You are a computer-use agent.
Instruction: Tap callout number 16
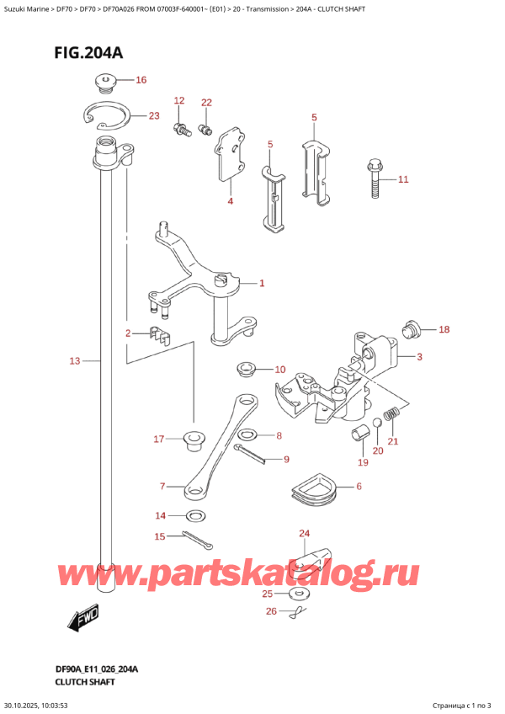point(141,81)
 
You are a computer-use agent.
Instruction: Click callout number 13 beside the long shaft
point(74,361)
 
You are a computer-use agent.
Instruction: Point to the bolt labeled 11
point(375,180)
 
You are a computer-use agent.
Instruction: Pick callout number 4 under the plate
point(230,202)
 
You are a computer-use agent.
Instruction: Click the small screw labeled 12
point(179,128)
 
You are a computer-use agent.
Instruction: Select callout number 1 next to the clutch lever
point(262,284)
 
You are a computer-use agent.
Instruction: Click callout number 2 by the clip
point(129,333)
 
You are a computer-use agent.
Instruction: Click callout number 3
point(418,357)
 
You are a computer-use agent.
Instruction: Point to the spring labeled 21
point(390,415)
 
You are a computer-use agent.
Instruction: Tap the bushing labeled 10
point(247,369)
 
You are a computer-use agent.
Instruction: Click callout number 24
point(304,533)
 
